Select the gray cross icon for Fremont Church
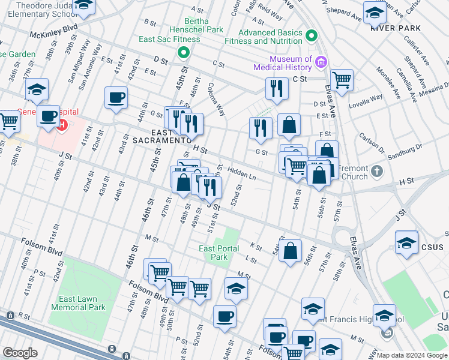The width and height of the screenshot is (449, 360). point(376,172)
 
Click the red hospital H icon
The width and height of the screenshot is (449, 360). point(61,125)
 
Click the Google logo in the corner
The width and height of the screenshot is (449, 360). point(20,353)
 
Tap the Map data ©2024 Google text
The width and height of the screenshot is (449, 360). point(412,355)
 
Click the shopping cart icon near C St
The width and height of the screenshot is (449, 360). point(342,79)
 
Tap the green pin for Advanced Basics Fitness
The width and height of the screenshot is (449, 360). point(311,36)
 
